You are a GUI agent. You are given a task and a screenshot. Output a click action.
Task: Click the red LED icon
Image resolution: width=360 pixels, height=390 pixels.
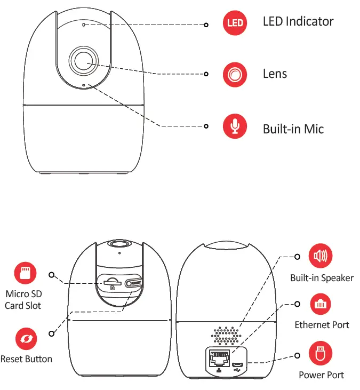[235, 23]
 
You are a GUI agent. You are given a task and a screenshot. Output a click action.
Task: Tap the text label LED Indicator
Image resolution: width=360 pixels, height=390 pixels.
[298, 22]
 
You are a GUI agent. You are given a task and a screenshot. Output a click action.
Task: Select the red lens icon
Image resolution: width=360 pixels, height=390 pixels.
[235, 75]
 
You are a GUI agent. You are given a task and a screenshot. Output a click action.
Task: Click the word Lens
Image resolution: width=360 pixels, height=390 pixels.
[275, 74]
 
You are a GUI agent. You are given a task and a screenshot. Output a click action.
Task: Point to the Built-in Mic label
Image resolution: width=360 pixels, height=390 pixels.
[293, 129]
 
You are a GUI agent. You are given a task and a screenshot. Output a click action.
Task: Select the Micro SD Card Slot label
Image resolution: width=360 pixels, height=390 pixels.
[23, 300]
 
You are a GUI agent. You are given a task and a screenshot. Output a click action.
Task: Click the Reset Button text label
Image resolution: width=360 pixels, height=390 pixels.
[27, 359]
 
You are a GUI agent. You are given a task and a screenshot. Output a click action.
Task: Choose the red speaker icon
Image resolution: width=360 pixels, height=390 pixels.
[321, 257]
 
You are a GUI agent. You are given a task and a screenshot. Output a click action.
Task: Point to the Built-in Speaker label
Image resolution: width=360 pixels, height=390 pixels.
[322, 278]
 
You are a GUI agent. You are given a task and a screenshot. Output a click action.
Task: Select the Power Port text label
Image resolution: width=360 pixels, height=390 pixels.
[321, 375]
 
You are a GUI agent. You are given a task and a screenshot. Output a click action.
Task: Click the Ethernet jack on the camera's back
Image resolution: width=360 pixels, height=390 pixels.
[217, 359]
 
